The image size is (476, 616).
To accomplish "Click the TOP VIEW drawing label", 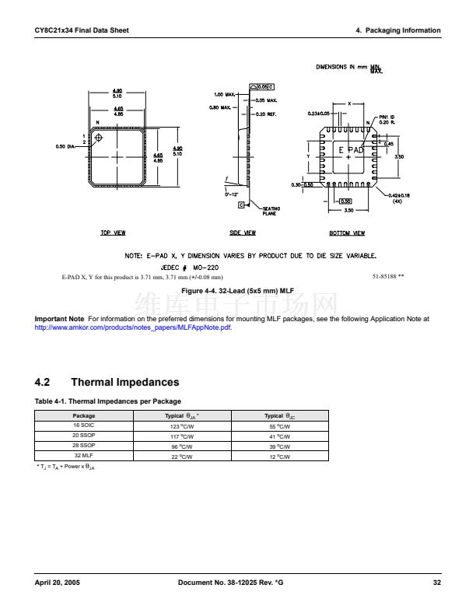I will (x=114, y=233).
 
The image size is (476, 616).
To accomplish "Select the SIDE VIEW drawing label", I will (x=243, y=233).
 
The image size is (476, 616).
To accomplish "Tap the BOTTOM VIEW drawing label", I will (x=348, y=233).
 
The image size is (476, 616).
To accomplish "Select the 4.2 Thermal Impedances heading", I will (x=107, y=382).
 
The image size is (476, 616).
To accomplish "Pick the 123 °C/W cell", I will (x=181, y=427).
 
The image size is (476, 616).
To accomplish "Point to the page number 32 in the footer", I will (x=436, y=583).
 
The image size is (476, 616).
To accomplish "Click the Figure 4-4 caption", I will (x=236, y=290).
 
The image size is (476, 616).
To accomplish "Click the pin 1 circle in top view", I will (x=99, y=138).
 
